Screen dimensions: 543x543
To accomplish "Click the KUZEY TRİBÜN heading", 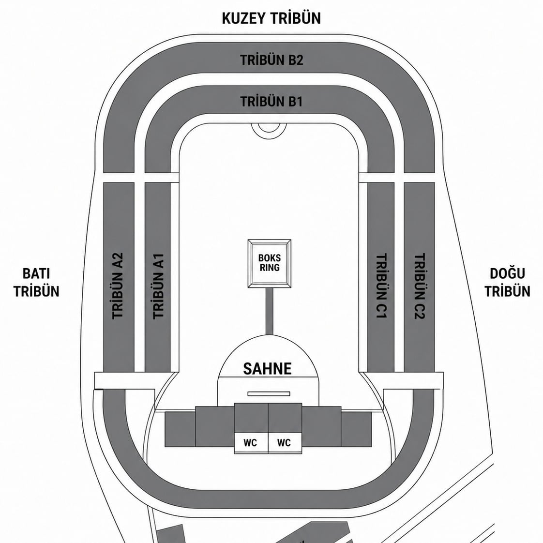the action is click(x=271, y=18).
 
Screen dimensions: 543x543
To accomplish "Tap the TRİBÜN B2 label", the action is click(x=271, y=60).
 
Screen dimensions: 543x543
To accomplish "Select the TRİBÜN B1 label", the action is click(x=271, y=102).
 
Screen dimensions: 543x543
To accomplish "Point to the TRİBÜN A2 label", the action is click(x=118, y=286).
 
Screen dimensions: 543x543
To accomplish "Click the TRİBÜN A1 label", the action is click(x=158, y=286).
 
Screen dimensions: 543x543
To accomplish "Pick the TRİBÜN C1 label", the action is click(x=381, y=286).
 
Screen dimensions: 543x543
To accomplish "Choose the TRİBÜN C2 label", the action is click(x=420, y=286).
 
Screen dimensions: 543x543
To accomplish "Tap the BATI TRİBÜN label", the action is click(x=36, y=282).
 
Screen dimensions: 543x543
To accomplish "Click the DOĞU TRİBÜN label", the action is click(x=507, y=282).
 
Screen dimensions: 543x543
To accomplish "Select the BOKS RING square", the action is click(x=270, y=263).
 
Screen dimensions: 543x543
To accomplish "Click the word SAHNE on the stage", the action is click(x=267, y=368).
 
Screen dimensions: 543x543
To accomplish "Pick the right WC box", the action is click(x=285, y=442).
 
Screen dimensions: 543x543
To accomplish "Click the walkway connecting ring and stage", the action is click(x=270, y=311).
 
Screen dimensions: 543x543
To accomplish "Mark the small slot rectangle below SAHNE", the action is click(x=269, y=394).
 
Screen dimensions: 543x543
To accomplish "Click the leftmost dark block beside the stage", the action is click(x=180, y=429).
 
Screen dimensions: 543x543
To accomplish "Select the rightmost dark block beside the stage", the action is click(x=356, y=429).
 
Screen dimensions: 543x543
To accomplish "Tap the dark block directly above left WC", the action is click(x=251, y=418).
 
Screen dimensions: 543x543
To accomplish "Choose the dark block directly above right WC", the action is click(x=285, y=418).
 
